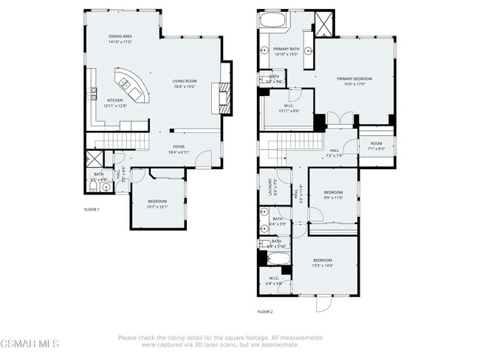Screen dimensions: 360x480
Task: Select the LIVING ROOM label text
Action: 185,83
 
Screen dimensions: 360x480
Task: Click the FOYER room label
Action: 179,149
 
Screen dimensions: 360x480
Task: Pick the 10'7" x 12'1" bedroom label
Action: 157,204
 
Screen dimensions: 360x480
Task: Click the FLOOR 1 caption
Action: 92,210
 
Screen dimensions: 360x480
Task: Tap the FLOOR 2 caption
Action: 265,312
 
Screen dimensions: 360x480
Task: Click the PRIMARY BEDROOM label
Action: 354,81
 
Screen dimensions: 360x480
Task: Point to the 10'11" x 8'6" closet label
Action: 289,108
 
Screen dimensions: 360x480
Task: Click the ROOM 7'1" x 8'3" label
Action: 376,146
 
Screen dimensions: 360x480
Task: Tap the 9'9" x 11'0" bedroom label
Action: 333,194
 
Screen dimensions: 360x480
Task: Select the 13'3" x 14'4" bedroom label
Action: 322,262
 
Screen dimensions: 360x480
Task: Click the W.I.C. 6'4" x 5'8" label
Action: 273,280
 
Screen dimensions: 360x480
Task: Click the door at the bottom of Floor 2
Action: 324,303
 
